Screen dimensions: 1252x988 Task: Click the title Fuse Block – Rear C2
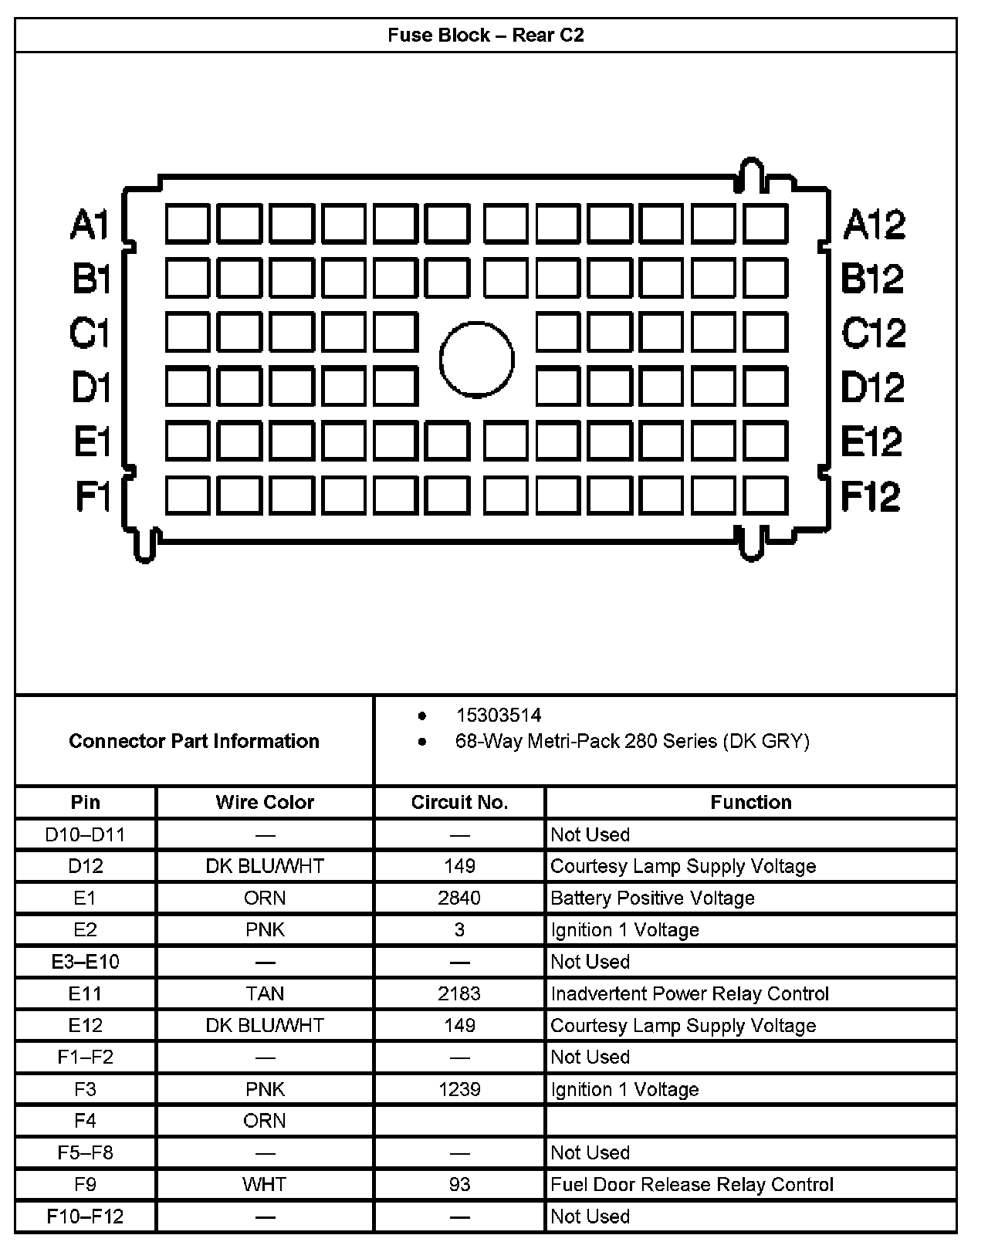click(x=486, y=36)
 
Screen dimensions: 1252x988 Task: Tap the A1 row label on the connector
click(x=90, y=225)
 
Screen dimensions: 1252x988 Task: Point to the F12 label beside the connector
click(x=871, y=496)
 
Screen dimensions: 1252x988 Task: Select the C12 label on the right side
click(x=874, y=333)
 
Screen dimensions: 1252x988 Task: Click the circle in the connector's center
click(x=477, y=360)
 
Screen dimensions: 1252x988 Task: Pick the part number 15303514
click(x=498, y=716)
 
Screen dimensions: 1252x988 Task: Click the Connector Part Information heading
click(x=194, y=741)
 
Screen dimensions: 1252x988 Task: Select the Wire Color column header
click(x=265, y=803)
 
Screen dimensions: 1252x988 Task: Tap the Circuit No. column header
click(x=459, y=803)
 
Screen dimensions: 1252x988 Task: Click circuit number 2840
click(x=459, y=898)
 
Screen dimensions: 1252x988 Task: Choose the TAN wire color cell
click(x=265, y=994)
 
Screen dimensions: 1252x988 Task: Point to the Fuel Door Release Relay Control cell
click(x=692, y=1185)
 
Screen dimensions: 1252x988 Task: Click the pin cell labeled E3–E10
click(x=86, y=963)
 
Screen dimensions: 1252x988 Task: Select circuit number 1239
click(x=459, y=1090)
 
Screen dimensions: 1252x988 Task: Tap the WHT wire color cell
click(x=265, y=1185)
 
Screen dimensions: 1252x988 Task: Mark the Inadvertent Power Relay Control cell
click(x=689, y=994)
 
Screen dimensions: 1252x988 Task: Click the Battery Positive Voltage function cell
click(x=652, y=898)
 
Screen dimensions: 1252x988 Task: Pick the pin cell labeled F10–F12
click(x=86, y=1217)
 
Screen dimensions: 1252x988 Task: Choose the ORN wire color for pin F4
click(x=265, y=1122)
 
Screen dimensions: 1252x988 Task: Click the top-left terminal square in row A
click(x=187, y=224)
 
